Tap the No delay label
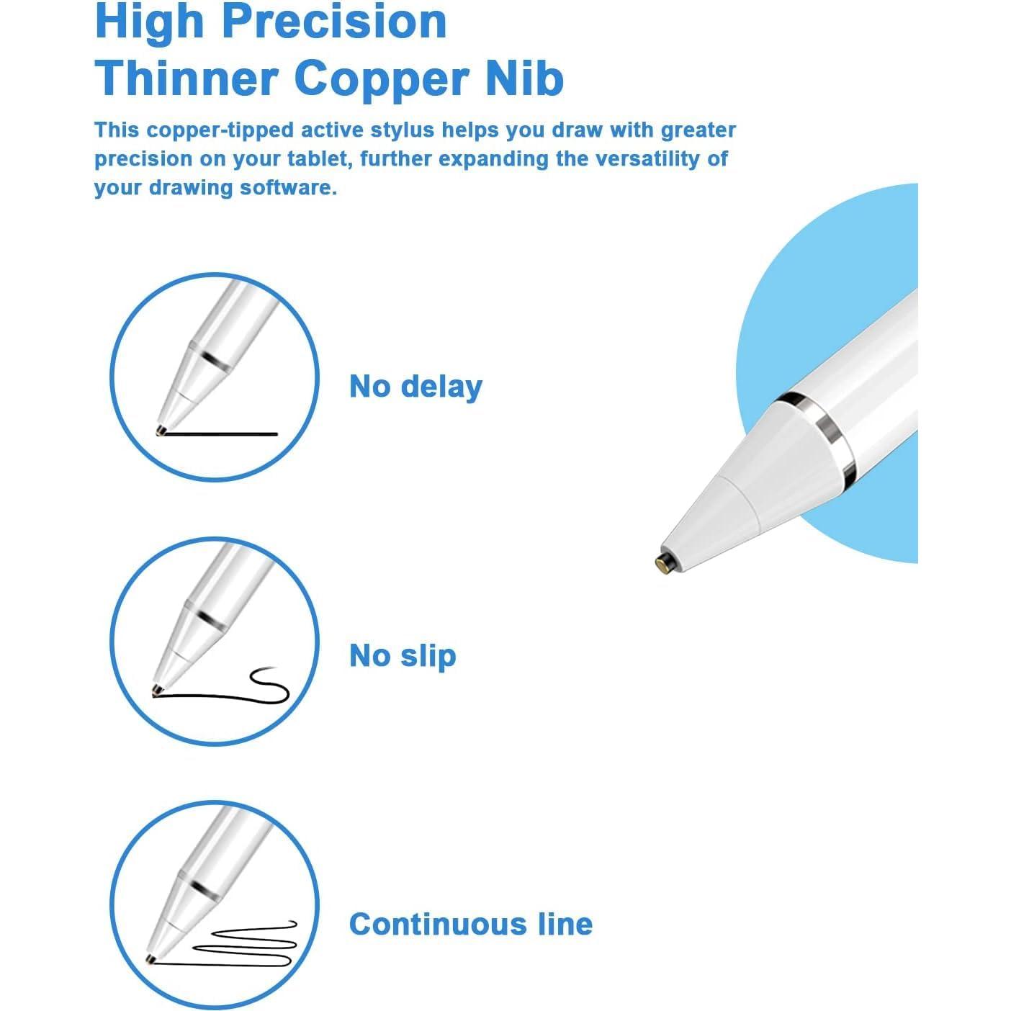click(x=415, y=387)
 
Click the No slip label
click(x=403, y=656)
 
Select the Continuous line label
click(x=470, y=924)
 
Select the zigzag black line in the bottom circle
click(x=245, y=943)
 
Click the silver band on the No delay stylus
click(x=215, y=360)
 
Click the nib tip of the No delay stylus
click(x=160, y=431)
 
